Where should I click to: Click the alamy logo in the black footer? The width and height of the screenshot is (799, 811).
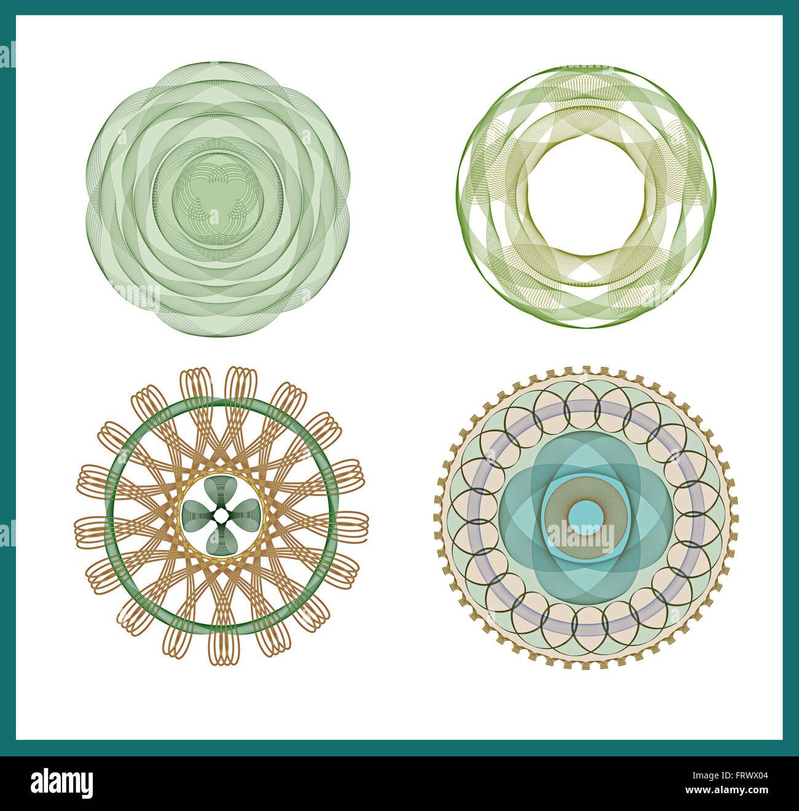(x=61, y=783)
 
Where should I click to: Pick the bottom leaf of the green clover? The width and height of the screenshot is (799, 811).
(x=221, y=540)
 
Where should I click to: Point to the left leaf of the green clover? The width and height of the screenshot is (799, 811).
(x=195, y=511)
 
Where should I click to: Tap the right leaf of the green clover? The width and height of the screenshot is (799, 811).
(x=247, y=511)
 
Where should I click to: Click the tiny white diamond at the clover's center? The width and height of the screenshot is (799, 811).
(x=221, y=515)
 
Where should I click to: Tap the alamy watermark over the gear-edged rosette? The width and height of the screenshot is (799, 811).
(x=580, y=537)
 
